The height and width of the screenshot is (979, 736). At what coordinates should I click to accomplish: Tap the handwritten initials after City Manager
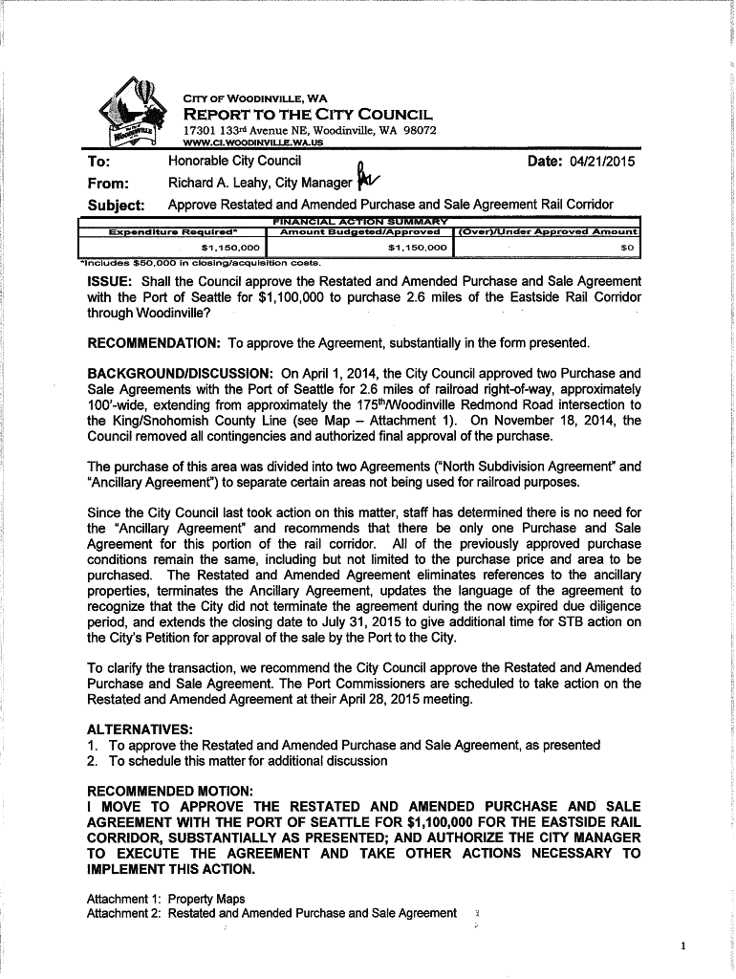click(366, 179)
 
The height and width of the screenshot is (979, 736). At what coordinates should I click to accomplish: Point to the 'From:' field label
click(108, 184)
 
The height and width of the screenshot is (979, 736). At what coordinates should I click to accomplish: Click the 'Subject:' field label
click(116, 206)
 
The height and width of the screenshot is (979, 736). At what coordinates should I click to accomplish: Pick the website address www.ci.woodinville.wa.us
click(252, 142)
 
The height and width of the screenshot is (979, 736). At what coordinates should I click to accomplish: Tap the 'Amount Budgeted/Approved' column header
click(357, 231)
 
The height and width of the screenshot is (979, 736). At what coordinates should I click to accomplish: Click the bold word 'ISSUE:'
click(111, 282)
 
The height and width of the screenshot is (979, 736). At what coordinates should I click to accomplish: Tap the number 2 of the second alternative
click(92, 762)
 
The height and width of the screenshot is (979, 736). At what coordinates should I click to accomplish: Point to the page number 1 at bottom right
click(683, 946)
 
